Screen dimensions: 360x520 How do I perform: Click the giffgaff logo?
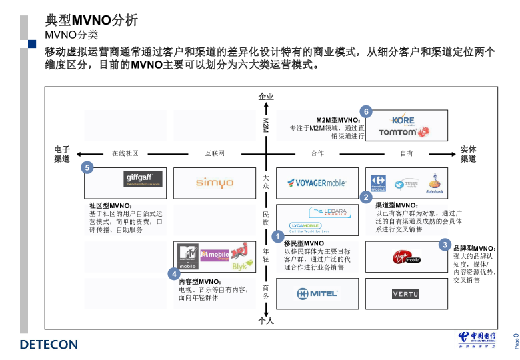point(143,179)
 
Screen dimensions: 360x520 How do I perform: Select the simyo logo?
point(214,183)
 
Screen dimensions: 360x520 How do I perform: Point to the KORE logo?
point(403,120)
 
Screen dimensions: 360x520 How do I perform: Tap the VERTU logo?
point(405,293)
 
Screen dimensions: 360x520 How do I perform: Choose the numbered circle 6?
point(365,111)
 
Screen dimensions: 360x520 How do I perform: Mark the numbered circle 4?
point(174,273)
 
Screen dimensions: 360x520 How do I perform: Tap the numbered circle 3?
point(445,245)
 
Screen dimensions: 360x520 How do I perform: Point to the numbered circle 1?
point(279,236)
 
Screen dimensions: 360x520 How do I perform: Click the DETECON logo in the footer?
point(49,345)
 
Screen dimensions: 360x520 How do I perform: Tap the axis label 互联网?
point(215,153)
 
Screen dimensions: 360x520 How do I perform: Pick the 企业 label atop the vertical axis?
point(266,97)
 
